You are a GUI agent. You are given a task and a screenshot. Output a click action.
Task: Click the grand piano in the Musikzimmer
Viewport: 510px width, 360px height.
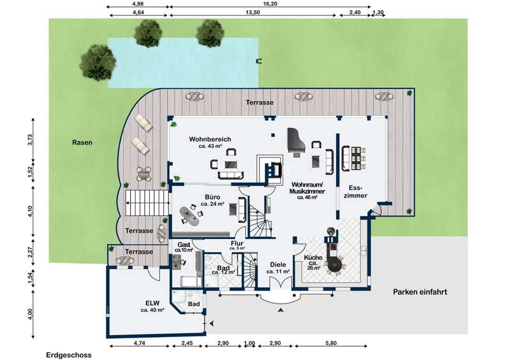tap(296, 140)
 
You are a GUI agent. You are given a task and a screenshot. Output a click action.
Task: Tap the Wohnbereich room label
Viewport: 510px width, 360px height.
tap(210, 139)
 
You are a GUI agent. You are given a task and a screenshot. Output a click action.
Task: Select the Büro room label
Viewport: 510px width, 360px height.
tap(212, 197)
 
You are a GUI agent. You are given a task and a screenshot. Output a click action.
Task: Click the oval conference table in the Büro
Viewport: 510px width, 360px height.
tap(189, 216)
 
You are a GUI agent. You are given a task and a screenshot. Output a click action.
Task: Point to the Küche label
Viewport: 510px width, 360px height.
tap(313, 257)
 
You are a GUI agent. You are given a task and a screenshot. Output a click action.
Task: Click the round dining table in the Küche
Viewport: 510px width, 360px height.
tap(335, 264)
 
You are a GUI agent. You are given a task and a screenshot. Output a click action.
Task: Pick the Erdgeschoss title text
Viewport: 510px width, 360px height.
tap(69, 355)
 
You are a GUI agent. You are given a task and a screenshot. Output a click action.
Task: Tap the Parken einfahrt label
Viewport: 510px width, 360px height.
tap(420, 292)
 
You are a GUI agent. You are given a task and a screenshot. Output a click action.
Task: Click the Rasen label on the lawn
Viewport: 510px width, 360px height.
tap(82, 143)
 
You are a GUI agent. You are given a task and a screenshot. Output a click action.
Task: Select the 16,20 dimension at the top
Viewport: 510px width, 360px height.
tap(270, 4)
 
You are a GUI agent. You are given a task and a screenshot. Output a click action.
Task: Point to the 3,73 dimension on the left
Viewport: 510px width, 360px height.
tap(30, 140)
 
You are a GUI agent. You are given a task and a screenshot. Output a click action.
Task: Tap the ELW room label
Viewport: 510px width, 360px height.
tap(152, 303)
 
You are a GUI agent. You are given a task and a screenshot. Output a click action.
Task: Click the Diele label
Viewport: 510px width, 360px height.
tap(278, 264)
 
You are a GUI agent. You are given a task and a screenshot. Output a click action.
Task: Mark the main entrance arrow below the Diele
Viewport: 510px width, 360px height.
tap(280, 310)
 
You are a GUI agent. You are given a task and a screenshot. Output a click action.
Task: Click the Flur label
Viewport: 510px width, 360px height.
tap(237, 243)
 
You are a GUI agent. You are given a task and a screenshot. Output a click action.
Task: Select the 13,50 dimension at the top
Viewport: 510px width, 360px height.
tap(253, 12)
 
